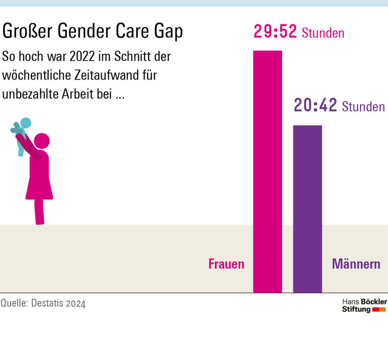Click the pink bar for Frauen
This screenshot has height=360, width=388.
coord(267,172)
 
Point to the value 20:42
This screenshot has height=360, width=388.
coord(316,106)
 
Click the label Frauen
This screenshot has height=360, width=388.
coord(226,264)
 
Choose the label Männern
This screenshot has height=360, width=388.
coord(356,264)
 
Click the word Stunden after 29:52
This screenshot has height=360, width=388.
coord(323,34)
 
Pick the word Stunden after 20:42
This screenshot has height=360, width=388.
coord(363,107)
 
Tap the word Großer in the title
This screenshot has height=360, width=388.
coord(28,31)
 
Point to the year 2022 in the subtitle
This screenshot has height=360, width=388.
coord(88,56)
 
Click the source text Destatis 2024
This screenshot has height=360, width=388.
coord(58,303)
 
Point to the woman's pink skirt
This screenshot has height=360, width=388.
coord(39,182)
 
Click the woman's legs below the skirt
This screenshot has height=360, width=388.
coord(39,211)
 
